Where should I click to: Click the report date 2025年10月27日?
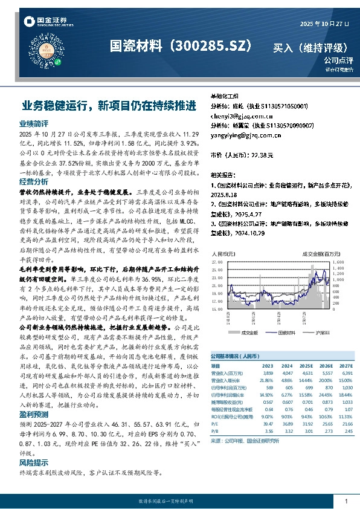click(324, 24)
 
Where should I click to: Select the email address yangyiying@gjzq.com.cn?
click(240, 135)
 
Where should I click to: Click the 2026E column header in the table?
click(325, 366)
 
